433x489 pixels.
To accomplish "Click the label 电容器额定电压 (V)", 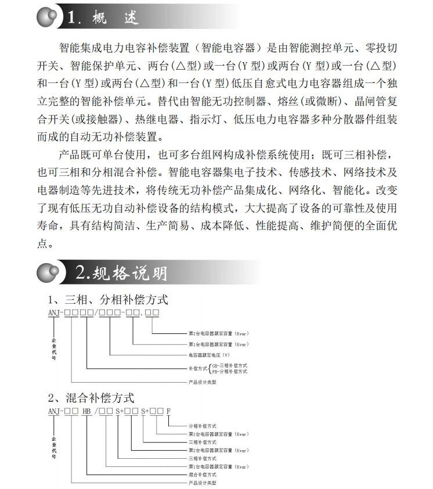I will pyautogui.click(x=208, y=354).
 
